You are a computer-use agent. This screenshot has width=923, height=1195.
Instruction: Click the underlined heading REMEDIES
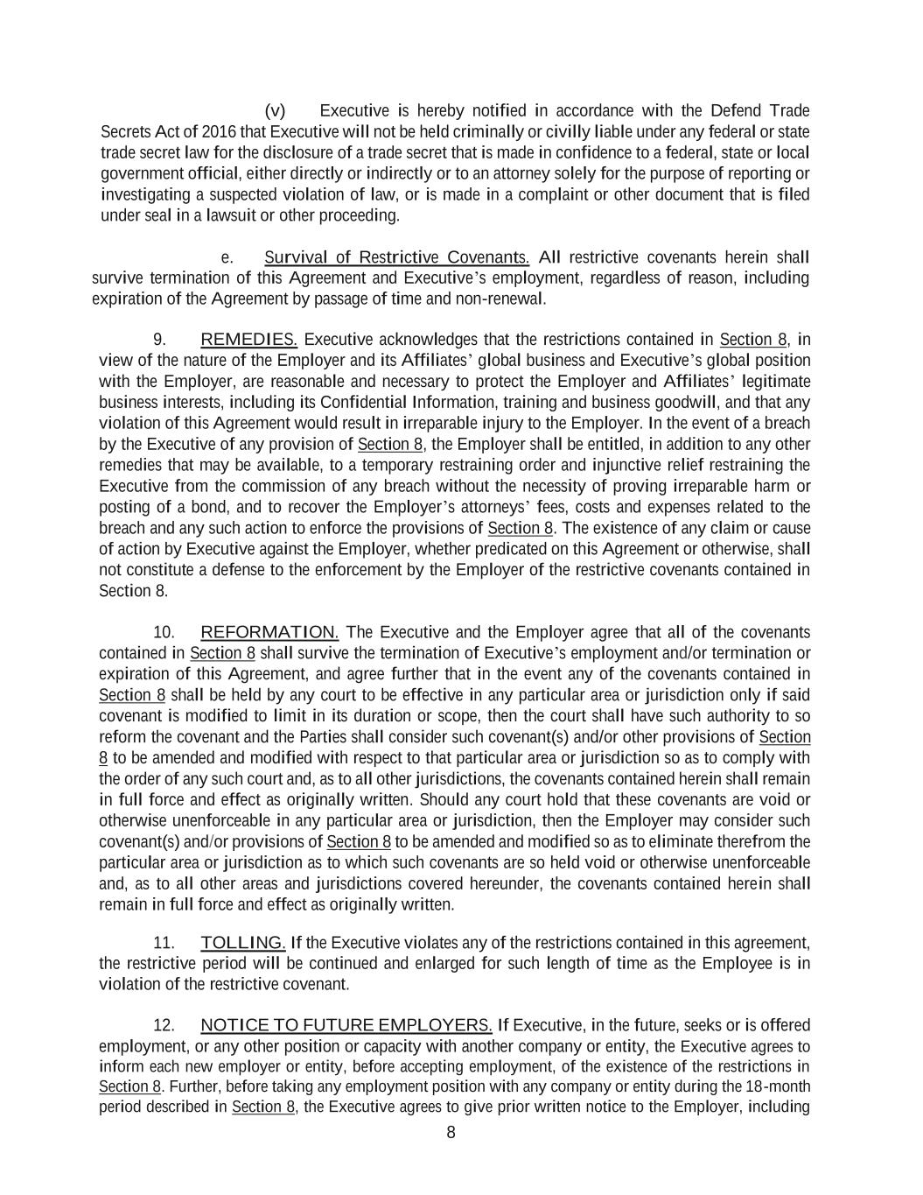click(248, 340)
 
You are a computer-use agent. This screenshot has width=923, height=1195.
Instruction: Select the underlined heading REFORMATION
click(269, 632)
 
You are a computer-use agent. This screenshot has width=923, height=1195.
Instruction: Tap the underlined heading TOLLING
click(242, 943)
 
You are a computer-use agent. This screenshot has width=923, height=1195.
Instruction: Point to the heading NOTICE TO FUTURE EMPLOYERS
click(346, 1025)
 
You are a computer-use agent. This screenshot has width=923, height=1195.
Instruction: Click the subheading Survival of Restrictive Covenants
click(396, 257)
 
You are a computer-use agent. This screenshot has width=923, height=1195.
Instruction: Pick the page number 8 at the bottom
click(451, 1133)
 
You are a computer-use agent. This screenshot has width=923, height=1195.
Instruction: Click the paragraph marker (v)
click(275, 111)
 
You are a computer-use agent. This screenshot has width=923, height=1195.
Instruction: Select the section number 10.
click(164, 632)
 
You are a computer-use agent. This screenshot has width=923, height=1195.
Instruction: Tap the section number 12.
click(164, 1025)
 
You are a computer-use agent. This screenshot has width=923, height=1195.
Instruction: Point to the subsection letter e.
click(227, 257)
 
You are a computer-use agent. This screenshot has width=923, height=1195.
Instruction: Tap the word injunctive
click(628, 465)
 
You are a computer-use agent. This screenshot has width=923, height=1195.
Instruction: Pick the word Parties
click(323, 737)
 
